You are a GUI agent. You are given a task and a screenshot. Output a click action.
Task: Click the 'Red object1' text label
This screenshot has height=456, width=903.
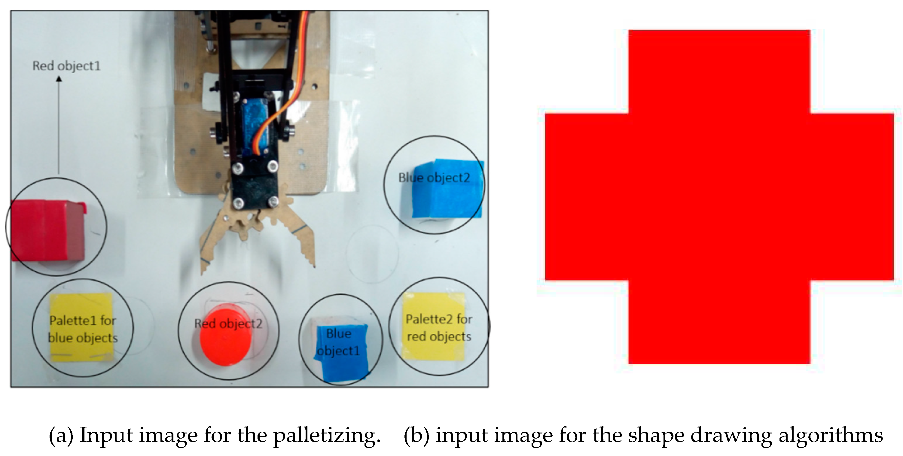[66, 66]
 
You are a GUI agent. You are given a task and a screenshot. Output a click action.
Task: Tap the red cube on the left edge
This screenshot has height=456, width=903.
[48, 230]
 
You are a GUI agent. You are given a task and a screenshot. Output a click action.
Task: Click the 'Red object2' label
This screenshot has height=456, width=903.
[228, 324]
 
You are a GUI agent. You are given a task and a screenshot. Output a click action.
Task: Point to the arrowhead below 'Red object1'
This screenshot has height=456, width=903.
[59, 79]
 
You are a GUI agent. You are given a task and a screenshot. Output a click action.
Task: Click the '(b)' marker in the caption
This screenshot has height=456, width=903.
[417, 436]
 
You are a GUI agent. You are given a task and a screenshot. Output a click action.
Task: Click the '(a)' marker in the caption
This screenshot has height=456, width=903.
[61, 436]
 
